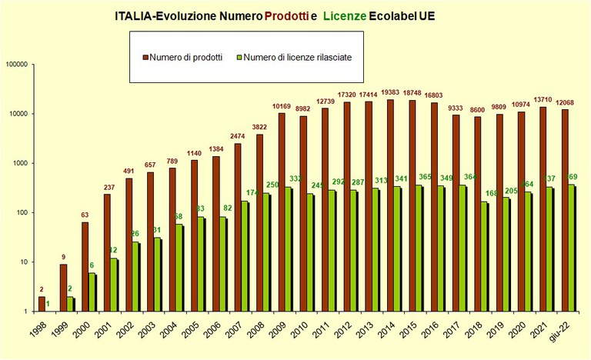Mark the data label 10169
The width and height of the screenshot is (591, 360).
pos(281,105)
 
